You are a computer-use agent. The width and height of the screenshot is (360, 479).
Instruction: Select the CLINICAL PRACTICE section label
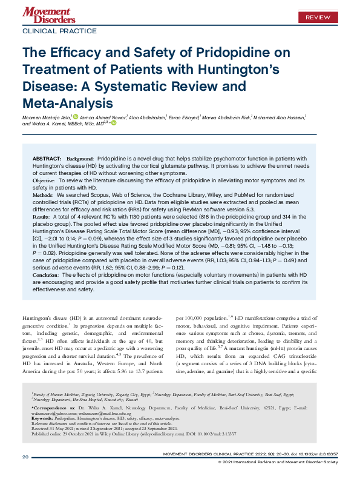[59, 30]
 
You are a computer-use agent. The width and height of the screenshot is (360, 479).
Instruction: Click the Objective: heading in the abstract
[44, 181]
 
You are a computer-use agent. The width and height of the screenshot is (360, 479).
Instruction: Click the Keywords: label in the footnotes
[44, 418]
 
